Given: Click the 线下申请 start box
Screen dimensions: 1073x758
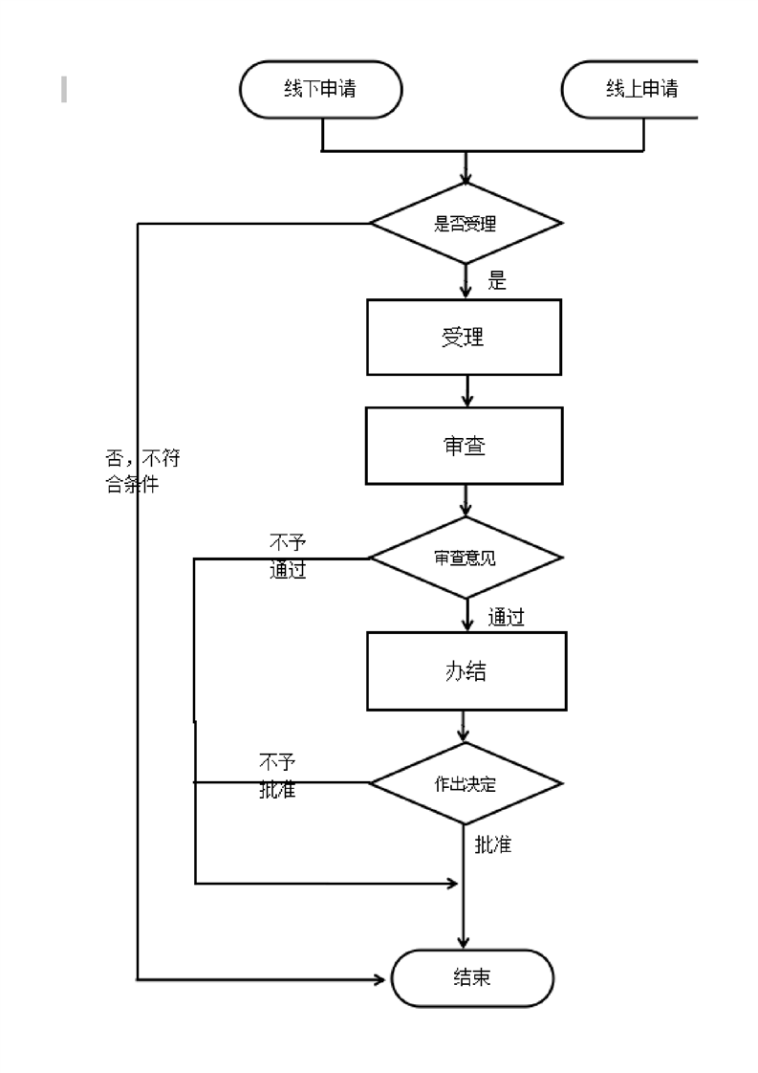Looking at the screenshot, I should [x=320, y=90].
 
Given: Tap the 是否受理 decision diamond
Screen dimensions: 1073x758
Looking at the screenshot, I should [x=466, y=224].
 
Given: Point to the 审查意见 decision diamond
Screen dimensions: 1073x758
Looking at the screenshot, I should [x=466, y=558].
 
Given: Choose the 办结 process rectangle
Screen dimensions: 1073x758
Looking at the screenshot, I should [x=466, y=671].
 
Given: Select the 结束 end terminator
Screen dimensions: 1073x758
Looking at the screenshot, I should [x=472, y=978].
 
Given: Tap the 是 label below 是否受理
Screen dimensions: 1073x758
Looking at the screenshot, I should [x=497, y=281].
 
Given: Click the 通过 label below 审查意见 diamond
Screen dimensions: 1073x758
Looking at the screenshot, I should [x=506, y=618].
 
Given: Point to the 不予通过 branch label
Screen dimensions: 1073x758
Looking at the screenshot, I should [x=288, y=558].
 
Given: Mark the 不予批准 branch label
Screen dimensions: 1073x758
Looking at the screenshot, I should [x=278, y=776].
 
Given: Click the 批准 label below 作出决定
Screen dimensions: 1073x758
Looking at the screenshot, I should [x=492, y=845].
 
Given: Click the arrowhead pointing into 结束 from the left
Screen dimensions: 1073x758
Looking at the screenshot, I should [x=385, y=978].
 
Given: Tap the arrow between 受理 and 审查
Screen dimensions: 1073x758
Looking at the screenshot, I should [x=466, y=390].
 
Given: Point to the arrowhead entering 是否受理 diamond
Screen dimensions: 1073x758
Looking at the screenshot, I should [x=466, y=178].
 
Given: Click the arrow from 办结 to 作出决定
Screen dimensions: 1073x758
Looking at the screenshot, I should [x=465, y=727].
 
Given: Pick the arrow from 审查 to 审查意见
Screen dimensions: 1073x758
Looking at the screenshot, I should [x=466, y=501].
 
